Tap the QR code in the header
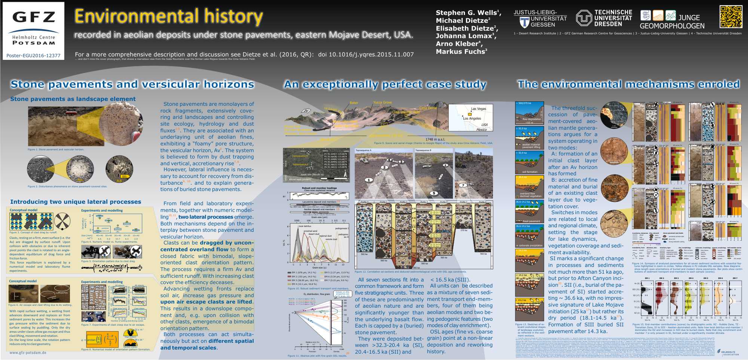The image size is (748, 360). coord(730,17)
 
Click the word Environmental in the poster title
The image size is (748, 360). coord(137,17)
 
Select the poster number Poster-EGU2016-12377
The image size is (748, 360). coord(33,56)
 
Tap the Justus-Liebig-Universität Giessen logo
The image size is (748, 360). coord(540,19)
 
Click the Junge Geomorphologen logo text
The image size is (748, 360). coord(672,21)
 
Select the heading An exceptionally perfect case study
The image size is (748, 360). coord(385,84)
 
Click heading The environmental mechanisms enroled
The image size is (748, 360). coord(628,84)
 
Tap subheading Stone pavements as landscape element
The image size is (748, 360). coord(73,99)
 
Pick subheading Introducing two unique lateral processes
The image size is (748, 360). coord(76,202)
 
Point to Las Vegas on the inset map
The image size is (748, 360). coord(478,109)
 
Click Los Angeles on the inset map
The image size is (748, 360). coord(472,119)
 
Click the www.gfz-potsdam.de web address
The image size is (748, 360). coord(28,353)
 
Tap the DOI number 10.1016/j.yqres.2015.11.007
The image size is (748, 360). coord(366,55)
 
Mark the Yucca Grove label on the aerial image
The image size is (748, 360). coord(382,102)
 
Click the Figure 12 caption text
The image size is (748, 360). coord(410,272)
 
